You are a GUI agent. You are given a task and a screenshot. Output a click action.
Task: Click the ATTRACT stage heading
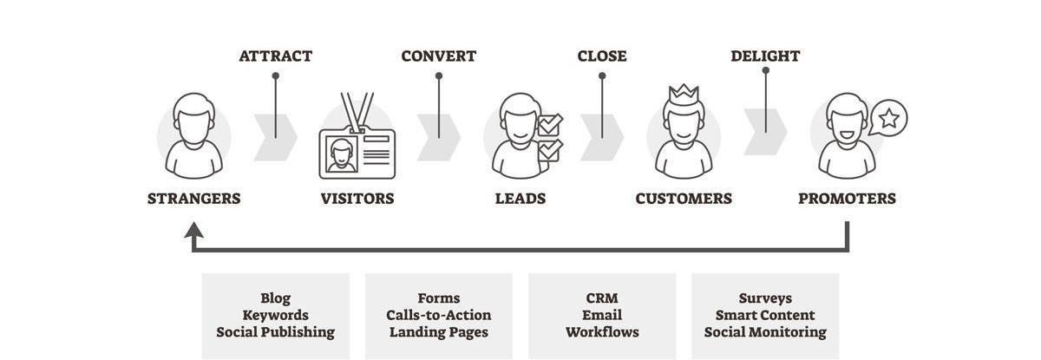tap(275, 56)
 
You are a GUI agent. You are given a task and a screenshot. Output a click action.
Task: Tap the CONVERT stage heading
tap(438, 56)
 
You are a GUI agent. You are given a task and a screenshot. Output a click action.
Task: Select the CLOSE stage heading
tap(601, 56)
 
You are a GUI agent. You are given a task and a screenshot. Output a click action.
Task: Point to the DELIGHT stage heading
tap(765, 56)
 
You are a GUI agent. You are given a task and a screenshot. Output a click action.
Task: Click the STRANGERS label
tap(193, 199)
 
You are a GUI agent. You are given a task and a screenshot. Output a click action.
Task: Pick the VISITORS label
tap(357, 199)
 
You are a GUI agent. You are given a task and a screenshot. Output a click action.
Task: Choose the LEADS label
tap(520, 199)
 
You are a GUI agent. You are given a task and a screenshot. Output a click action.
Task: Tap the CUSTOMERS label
tap(684, 199)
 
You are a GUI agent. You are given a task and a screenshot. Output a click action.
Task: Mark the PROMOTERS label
tap(847, 199)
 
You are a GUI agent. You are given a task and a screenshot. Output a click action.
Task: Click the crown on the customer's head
tap(684, 92)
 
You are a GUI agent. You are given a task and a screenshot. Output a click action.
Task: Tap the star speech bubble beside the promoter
tap(889, 118)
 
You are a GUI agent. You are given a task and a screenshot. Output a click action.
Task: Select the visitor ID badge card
tap(357, 154)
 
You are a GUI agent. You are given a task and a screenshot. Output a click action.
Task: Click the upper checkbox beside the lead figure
tap(550, 125)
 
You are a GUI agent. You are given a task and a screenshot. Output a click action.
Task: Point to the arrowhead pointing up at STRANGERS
tap(193, 231)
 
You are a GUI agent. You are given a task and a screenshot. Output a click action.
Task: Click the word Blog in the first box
tap(275, 298)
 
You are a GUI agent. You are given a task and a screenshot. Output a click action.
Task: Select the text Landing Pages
tap(438, 332)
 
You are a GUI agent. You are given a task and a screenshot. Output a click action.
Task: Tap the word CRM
tap(601, 298)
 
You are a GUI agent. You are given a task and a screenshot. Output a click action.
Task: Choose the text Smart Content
tap(765, 315)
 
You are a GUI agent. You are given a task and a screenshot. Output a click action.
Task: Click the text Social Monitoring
tap(765, 332)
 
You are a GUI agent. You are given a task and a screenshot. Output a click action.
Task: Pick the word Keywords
tap(275, 315)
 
